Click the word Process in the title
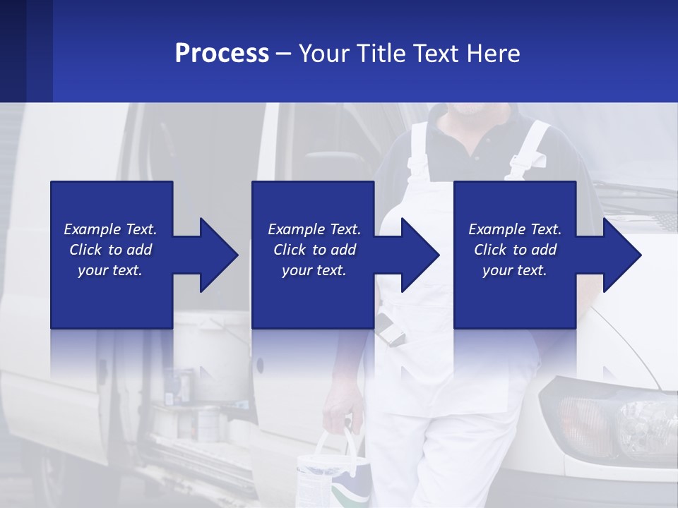point(222,54)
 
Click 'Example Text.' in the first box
point(110,229)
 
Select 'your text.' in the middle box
point(314,270)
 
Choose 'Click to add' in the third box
point(515,250)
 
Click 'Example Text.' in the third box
point(515,229)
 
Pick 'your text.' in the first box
point(110,270)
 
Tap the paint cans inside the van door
point(191,409)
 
